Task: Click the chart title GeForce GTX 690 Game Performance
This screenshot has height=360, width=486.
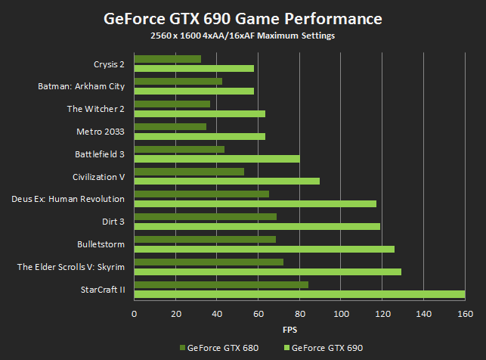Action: click(243, 17)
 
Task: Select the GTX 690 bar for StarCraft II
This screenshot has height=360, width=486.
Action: click(299, 294)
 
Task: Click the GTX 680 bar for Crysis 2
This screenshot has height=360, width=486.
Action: click(168, 59)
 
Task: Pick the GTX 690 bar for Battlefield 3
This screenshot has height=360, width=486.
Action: click(217, 159)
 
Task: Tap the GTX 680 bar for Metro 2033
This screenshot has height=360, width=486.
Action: click(170, 126)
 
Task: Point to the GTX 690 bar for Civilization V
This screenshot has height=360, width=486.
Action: click(227, 182)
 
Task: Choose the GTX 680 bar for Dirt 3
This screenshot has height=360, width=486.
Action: click(206, 216)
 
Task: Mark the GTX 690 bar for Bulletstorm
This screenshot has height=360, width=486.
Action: click(265, 249)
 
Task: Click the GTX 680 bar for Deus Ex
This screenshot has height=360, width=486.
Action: click(202, 194)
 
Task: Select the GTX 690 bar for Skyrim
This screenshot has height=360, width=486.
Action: click(268, 272)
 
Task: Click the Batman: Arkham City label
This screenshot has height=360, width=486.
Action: click(81, 86)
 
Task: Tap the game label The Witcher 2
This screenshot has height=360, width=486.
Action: click(95, 109)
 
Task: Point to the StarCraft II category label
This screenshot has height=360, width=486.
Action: click(101, 289)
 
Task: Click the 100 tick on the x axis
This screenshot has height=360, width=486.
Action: click(341, 314)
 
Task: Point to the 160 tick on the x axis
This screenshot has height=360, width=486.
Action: click(465, 314)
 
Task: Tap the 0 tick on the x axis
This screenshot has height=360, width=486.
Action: click(134, 314)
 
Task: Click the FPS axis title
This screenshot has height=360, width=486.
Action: click(289, 331)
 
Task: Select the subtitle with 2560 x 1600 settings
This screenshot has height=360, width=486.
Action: click(243, 36)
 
